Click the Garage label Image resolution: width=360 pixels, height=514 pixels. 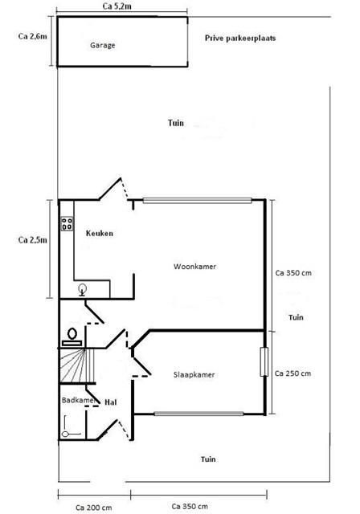point(103,45)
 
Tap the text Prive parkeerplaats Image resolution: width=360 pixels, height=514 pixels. point(240,38)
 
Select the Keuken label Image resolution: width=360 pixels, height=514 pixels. point(100,234)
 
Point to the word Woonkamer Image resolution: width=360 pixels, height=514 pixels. point(194,267)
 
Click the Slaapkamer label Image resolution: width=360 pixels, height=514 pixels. point(194,375)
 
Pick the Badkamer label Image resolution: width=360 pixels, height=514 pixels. point(79,400)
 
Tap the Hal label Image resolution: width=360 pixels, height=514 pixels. point(111,402)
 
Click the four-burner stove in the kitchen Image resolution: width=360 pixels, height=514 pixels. point(67,223)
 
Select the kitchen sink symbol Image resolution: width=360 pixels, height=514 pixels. point(82,290)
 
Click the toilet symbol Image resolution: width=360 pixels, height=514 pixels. point(72,337)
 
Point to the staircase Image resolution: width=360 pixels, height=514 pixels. point(77,365)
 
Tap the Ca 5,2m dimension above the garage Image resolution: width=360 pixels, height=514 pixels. point(117,6)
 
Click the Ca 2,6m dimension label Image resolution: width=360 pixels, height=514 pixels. point(32,36)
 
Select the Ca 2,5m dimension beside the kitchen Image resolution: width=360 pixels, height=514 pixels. point(32,240)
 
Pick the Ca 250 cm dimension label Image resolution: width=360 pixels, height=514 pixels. point(292,373)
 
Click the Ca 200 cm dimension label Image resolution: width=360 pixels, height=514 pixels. point(94,508)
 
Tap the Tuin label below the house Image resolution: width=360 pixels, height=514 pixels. point(208,459)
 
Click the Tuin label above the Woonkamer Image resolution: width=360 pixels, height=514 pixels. point(176,123)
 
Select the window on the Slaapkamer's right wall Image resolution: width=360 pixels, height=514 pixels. point(264,362)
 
